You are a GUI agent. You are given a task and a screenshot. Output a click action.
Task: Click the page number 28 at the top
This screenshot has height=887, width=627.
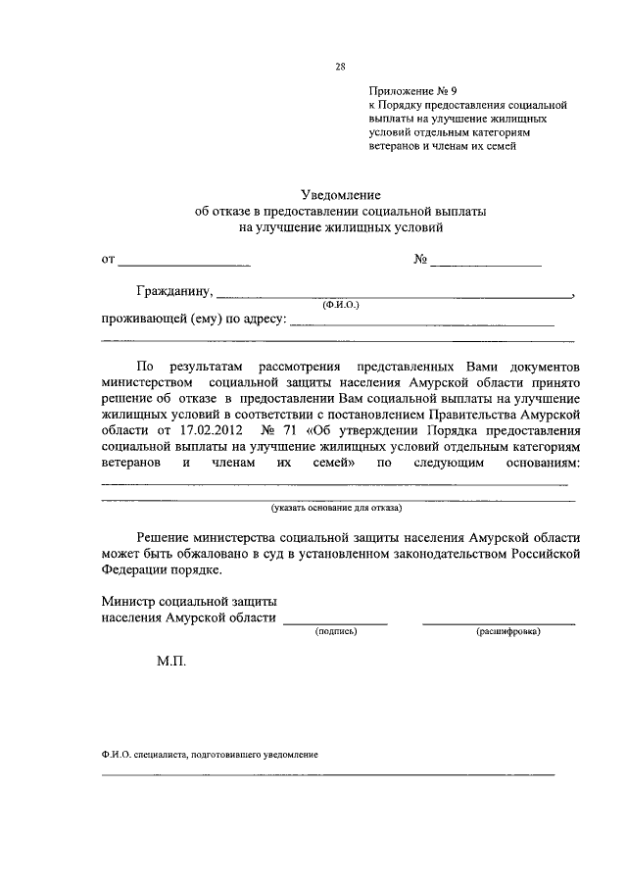coord(341,68)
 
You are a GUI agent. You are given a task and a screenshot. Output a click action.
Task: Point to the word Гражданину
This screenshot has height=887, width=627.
coord(174,291)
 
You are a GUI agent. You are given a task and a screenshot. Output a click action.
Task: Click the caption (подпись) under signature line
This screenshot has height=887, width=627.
coord(336,632)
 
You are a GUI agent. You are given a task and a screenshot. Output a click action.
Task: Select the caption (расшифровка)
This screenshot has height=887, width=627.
coord(508,632)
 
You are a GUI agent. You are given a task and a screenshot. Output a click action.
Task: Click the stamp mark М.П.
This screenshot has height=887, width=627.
coord(170,662)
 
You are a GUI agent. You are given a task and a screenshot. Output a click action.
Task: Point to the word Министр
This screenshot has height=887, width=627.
coord(127,601)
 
